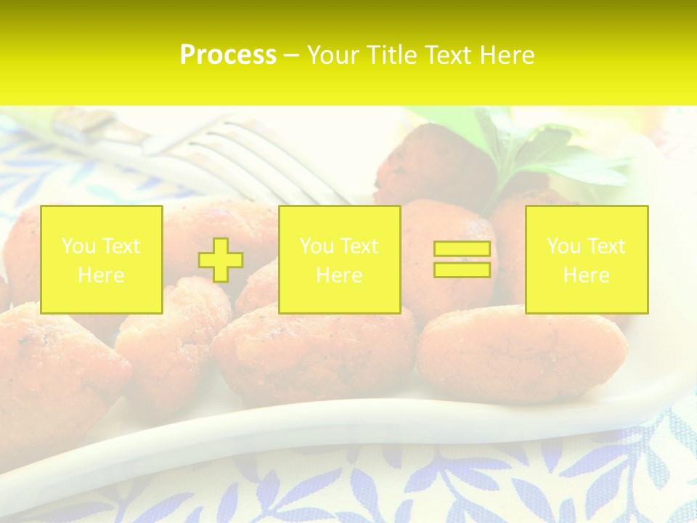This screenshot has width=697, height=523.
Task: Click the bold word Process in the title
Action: (228, 55)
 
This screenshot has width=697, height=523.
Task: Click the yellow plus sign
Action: (221, 259)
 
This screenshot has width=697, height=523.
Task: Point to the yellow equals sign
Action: (462, 259)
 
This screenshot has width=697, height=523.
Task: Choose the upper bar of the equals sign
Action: (462, 249)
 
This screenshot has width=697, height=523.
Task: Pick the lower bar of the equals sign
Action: (462, 269)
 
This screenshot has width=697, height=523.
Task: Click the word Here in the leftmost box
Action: (101, 275)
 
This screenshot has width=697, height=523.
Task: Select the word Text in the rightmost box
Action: (606, 246)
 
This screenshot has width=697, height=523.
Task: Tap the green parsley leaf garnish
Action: (552, 156)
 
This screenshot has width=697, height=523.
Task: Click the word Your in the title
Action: (332, 55)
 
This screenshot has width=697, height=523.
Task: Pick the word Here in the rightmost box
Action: (586, 275)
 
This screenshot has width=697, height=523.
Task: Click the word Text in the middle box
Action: (359, 246)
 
